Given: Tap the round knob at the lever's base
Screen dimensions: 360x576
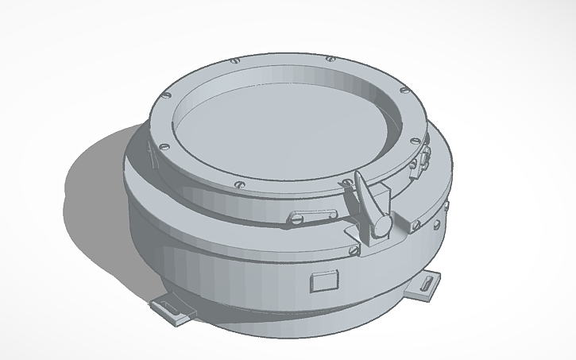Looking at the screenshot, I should [382, 226].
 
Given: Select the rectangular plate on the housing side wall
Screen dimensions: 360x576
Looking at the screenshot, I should [325, 281].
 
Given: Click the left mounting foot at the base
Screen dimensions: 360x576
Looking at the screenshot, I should [174, 309].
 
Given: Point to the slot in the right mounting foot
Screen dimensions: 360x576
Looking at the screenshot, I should [430, 283].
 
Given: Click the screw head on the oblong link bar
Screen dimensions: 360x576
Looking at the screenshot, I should [296, 217].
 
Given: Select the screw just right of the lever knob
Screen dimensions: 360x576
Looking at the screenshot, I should [414, 226].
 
